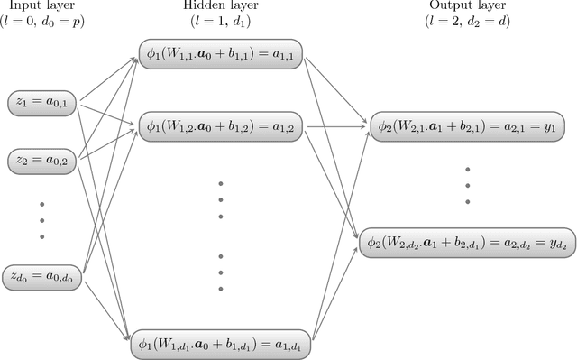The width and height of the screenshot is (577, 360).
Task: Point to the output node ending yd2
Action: pos(466,243)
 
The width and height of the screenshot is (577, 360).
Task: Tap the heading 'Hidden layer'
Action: pos(221,6)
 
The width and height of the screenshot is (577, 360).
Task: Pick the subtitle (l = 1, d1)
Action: pos(221,21)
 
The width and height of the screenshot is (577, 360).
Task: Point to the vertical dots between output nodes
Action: pos(468,184)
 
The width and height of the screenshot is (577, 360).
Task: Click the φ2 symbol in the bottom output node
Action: pos(374,243)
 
